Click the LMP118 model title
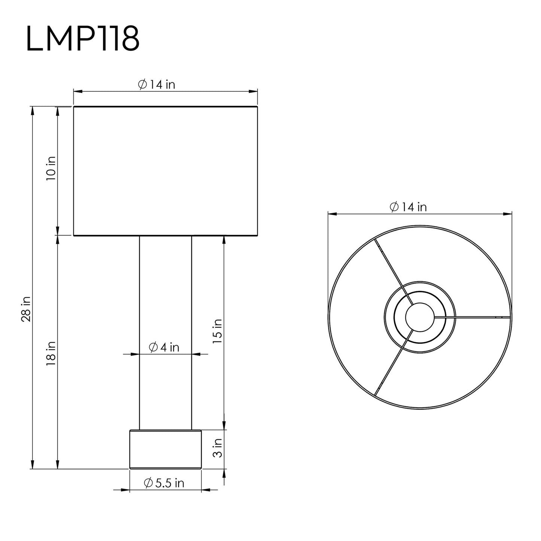[83, 39]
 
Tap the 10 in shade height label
[51, 168]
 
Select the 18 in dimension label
[51, 353]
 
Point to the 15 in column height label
[217, 331]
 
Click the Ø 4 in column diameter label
[164, 347]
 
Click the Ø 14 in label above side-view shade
[156, 84]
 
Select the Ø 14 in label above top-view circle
[408, 207]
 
